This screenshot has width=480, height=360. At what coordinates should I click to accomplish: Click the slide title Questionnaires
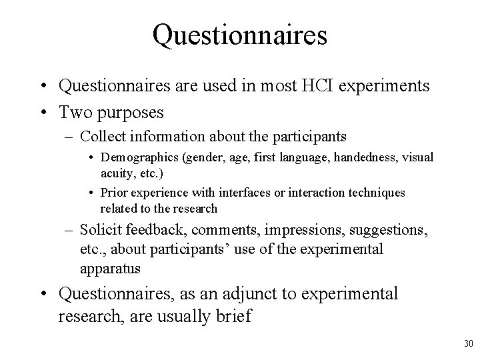coord(239,35)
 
